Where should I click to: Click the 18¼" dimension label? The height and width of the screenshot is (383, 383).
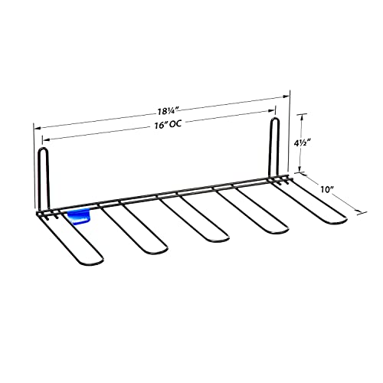167,111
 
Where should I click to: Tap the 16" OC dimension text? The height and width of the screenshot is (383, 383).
168,125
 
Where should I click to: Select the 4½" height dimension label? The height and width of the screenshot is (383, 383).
302,143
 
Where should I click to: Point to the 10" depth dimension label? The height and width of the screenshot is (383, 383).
326,189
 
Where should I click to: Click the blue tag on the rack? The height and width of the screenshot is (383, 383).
79,217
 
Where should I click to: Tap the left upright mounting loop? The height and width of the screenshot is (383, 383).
43,178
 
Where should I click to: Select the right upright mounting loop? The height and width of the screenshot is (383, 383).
274,147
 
